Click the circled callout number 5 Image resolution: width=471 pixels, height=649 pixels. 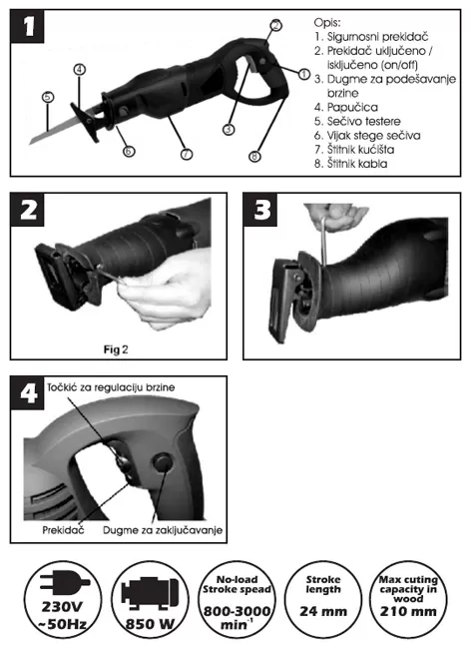(x=48, y=97)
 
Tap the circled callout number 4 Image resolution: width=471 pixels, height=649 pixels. (x=80, y=69)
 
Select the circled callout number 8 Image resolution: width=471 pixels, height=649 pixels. (x=254, y=156)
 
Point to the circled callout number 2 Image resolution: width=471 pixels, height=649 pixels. (x=275, y=25)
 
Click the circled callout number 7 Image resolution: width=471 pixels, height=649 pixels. (x=187, y=154)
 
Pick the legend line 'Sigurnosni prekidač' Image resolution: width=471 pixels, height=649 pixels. (x=371, y=37)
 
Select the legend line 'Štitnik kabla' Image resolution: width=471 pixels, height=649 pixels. (x=351, y=164)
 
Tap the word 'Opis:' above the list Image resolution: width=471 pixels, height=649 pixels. (x=327, y=22)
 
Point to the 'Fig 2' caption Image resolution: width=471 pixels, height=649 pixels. (x=116, y=349)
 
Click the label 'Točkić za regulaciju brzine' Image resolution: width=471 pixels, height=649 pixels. (x=111, y=387)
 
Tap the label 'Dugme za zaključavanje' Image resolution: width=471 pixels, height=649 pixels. (x=163, y=530)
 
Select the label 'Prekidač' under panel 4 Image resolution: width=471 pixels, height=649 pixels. (x=63, y=530)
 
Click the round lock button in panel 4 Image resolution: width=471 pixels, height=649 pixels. (x=162, y=462)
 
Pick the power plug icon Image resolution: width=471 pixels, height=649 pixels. (x=64, y=582)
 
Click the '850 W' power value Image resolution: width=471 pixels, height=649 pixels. (x=150, y=624)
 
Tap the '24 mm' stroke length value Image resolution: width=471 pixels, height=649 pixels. (x=323, y=611)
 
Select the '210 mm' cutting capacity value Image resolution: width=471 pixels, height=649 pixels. (x=408, y=611)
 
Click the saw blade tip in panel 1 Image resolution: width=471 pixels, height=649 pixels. (x=29, y=144)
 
